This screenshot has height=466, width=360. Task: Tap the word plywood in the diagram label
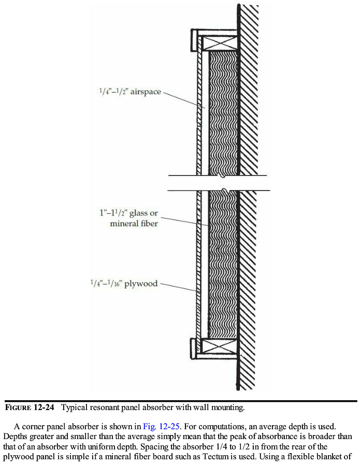[x=140, y=284]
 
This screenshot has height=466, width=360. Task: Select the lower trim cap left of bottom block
[x=195, y=348]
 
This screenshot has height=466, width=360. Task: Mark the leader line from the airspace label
[x=181, y=100]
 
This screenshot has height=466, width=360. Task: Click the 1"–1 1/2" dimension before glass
[x=113, y=213]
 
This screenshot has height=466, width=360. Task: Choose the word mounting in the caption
[x=226, y=407]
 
